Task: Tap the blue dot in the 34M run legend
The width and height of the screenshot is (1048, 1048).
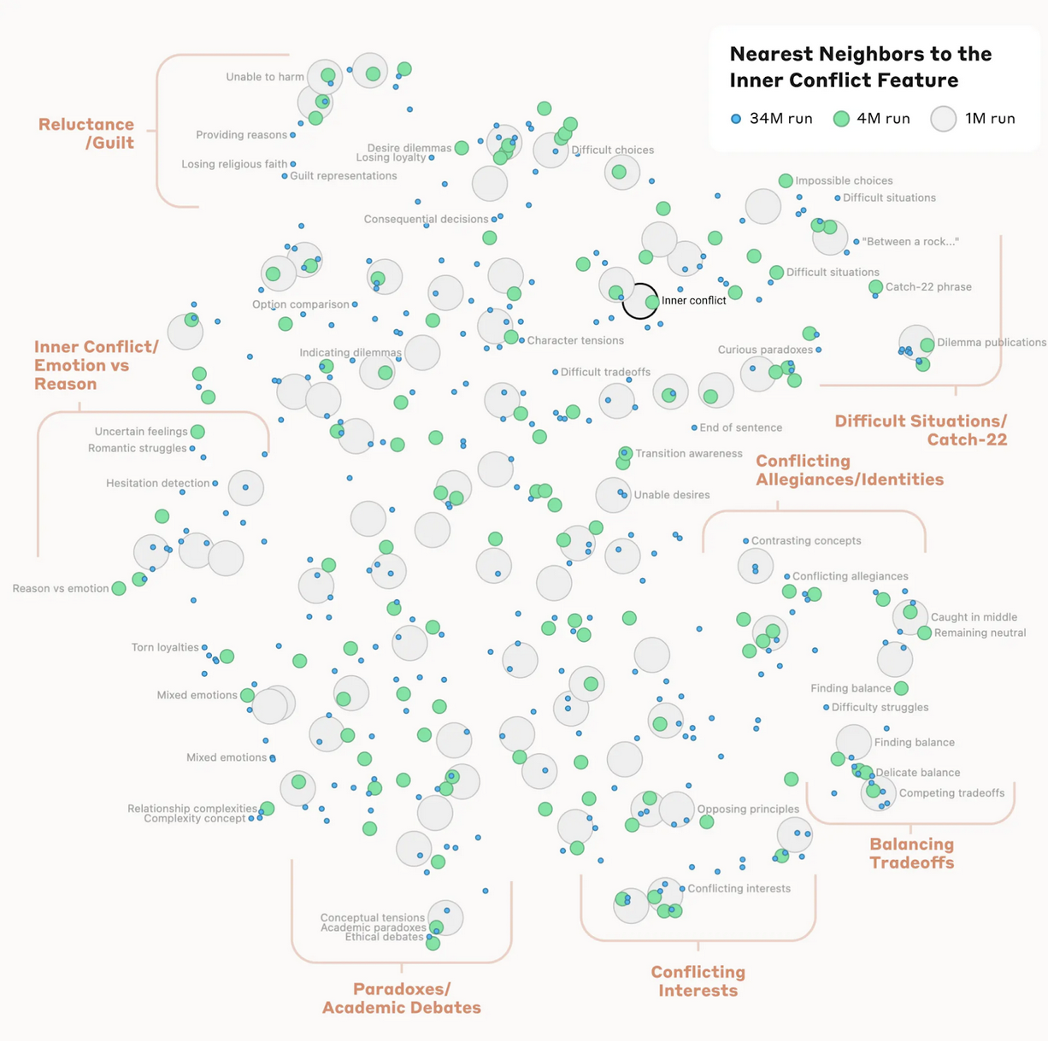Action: tap(735, 119)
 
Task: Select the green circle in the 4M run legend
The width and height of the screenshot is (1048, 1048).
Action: tap(841, 119)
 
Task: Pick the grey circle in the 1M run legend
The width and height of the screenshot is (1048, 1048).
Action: tap(943, 119)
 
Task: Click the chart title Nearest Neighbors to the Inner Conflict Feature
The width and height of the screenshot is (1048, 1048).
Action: tap(861, 67)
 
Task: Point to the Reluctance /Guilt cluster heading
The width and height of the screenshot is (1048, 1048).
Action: tap(86, 133)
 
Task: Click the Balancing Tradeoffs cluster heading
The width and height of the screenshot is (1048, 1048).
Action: tap(911, 853)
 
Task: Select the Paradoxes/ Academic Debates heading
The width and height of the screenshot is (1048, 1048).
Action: tap(402, 998)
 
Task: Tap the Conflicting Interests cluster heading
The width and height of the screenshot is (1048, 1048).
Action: tap(698, 980)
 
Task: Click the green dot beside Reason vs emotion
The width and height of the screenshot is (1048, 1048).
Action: tap(119, 588)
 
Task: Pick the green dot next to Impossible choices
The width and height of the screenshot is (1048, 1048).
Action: tap(785, 180)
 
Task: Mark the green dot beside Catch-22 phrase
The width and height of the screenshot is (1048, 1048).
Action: tap(875, 286)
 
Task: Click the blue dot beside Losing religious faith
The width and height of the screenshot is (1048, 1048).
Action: tap(292, 164)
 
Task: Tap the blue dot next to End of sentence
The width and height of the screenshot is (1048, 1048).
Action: tap(694, 427)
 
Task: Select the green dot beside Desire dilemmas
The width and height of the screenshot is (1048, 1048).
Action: tap(462, 147)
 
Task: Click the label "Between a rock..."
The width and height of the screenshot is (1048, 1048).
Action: tap(910, 241)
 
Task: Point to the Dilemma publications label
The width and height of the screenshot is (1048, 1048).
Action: tap(991, 342)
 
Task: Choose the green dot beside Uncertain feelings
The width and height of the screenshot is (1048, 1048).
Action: tap(197, 432)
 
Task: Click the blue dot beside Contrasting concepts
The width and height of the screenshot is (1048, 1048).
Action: tap(745, 540)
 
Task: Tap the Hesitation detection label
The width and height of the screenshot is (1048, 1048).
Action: tap(158, 483)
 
